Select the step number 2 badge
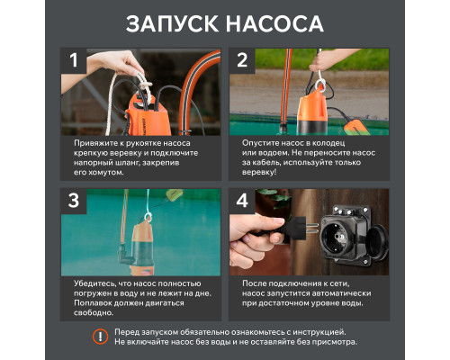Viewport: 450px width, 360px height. [x=242, y=63]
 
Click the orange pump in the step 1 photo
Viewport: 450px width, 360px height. [x=143, y=112]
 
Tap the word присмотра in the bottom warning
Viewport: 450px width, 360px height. [x=329, y=342]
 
